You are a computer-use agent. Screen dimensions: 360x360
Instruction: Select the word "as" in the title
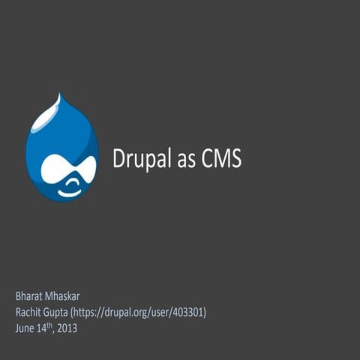click(187, 160)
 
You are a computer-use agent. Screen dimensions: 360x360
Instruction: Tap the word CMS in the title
click(221, 159)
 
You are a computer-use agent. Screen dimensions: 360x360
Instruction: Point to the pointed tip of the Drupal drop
click(60, 95)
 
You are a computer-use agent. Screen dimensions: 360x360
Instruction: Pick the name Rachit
click(29, 312)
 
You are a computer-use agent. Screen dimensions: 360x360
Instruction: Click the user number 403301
click(187, 312)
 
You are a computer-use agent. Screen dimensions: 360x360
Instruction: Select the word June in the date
click(25, 328)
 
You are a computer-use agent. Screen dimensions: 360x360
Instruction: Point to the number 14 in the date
click(42, 328)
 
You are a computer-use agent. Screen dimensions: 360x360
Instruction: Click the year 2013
click(67, 328)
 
